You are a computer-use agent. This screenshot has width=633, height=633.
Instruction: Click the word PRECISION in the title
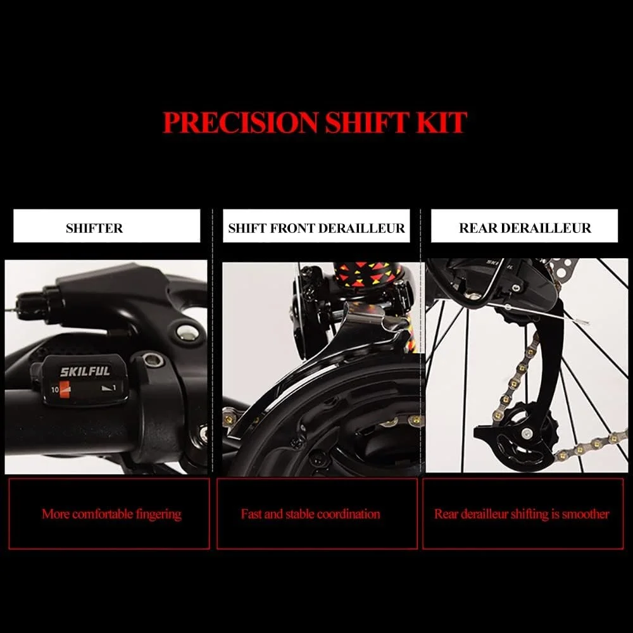coord(240,122)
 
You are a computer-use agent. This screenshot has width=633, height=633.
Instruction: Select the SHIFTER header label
coord(94,228)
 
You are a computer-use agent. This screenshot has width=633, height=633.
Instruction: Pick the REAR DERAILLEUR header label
coord(525,228)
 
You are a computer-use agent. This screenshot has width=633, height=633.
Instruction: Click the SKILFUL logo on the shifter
coord(85,372)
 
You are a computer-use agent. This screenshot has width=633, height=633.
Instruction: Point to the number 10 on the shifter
coord(55,390)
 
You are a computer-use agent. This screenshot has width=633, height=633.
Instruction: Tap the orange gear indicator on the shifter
coord(65,389)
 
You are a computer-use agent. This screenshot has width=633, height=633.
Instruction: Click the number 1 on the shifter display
coord(114,387)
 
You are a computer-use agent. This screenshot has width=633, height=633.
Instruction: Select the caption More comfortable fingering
coord(111,514)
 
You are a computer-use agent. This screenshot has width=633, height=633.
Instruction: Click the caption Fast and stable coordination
coord(310,514)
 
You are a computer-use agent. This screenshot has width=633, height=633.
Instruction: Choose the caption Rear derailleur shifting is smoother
coord(522,514)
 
